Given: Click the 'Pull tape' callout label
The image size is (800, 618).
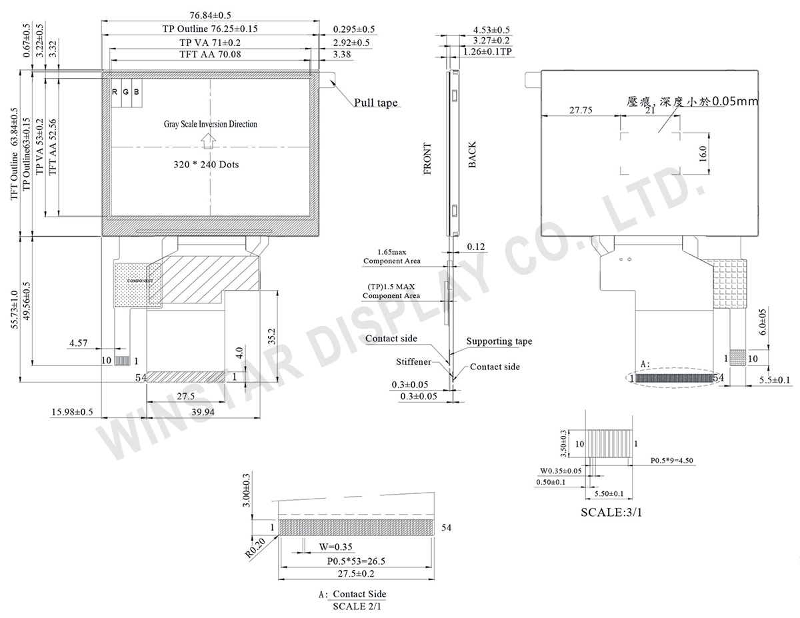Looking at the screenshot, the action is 375,103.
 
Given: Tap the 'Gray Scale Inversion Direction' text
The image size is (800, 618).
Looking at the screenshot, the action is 211,124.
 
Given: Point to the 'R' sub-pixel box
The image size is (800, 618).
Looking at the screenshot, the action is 115,91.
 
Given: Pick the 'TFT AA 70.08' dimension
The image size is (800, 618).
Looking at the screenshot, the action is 211,55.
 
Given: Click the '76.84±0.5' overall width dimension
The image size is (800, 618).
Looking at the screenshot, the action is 211,15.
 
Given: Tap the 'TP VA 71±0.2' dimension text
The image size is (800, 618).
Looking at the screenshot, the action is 211,42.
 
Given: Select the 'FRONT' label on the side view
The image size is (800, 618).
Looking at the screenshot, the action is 427,159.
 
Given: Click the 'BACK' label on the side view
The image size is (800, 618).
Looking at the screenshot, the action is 472,155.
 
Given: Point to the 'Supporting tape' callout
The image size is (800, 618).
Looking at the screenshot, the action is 499,341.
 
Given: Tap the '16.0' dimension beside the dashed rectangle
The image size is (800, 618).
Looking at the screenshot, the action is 702,153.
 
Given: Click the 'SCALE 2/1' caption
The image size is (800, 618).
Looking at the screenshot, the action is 358,607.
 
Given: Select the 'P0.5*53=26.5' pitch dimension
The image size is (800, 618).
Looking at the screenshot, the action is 356,561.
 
